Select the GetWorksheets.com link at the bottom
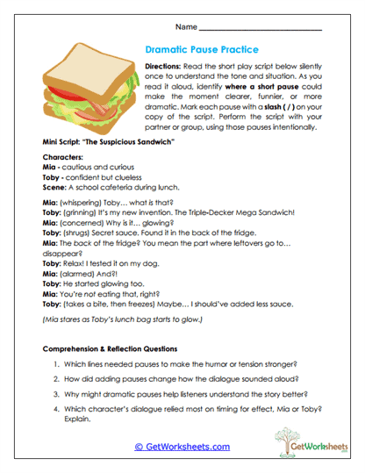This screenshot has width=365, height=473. click(x=182, y=445)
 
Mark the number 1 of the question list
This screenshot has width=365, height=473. click(x=59, y=363)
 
